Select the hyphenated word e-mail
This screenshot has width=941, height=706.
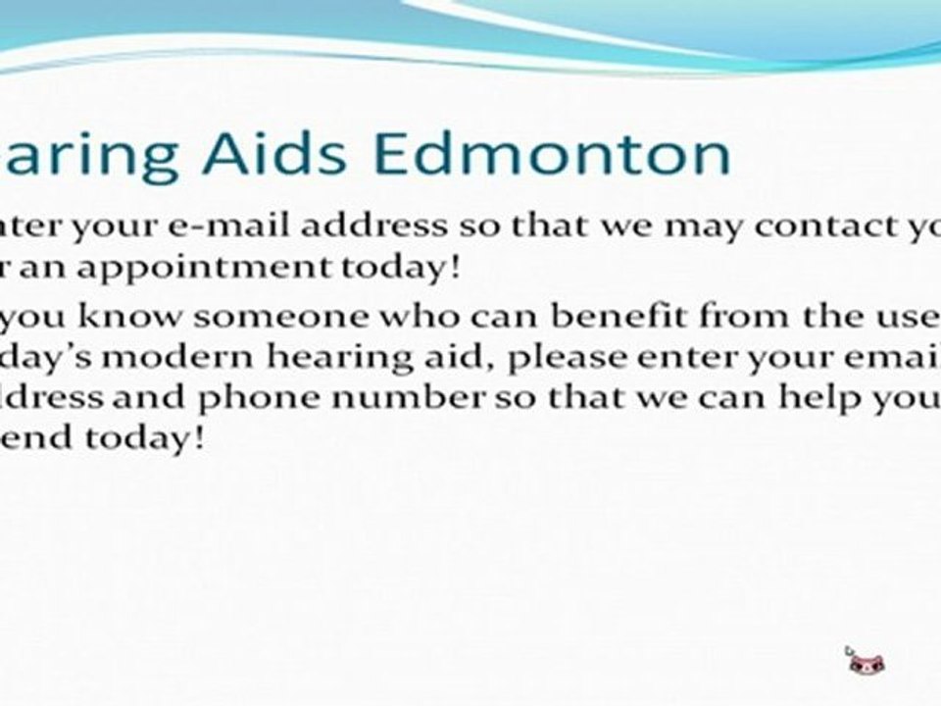point(219,227)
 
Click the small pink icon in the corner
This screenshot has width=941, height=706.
point(866,660)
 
